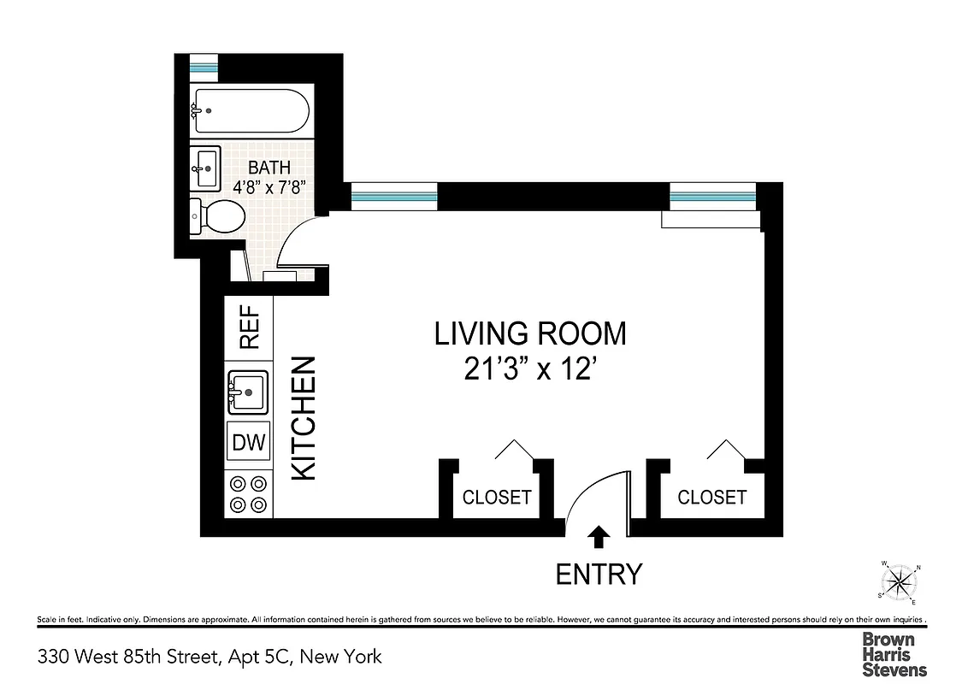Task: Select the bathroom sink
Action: pos(205,168)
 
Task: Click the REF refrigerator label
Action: pos(249,329)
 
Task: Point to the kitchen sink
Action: pos(248,392)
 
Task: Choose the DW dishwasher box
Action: pos(249,443)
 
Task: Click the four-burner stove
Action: pos(248,493)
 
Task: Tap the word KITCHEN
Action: pos(304,418)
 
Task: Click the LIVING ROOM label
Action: pos(530,333)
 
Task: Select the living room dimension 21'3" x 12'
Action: pos(530,369)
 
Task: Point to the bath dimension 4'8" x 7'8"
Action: pos(269,187)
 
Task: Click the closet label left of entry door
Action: pos(497,497)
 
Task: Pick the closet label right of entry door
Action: pos(711,497)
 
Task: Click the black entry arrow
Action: pos(599,536)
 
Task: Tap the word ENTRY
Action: pos(599,574)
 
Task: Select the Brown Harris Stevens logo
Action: pos(894,654)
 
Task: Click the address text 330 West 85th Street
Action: pos(210,657)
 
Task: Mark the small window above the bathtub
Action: pos(204,66)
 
